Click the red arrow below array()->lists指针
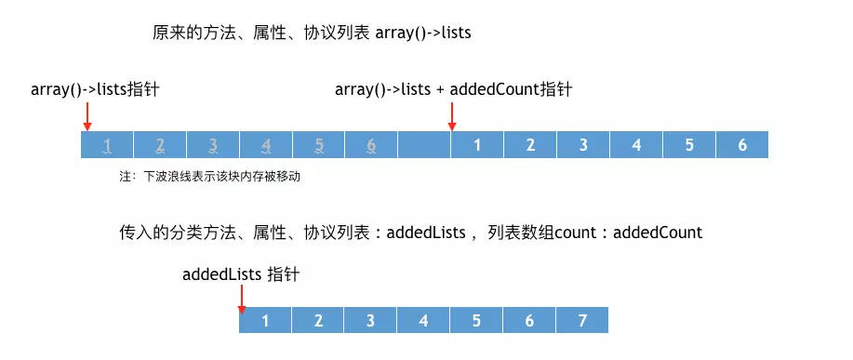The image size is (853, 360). click(x=87, y=115)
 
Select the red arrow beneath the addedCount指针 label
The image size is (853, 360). click(x=451, y=115)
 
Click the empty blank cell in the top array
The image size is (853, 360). click(x=424, y=145)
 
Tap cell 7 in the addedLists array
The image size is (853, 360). click(x=582, y=321)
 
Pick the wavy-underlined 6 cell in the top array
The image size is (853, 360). click(x=371, y=145)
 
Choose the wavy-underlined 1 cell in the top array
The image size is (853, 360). click(x=108, y=145)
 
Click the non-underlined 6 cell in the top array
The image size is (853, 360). click(x=741, y=145)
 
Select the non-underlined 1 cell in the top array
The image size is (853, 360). click(x=477, y=145)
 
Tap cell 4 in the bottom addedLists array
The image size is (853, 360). click(x=423, y=321)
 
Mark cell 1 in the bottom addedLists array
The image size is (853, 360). click(x=265, y=321)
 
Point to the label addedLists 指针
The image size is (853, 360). click(x=241, y=274)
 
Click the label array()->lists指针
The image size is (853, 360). click(x=100, y=89)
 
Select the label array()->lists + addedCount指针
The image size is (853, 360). click(x=453, y=89)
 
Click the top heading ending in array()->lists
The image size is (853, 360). click(x=312, y=33)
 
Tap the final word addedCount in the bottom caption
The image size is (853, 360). click(x=658, y=233)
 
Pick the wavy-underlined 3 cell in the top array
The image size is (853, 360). click(x=213, y=145)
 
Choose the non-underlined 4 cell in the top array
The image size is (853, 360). click(x=636, y=145)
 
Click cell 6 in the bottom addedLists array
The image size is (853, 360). click(x=529, y=321)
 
